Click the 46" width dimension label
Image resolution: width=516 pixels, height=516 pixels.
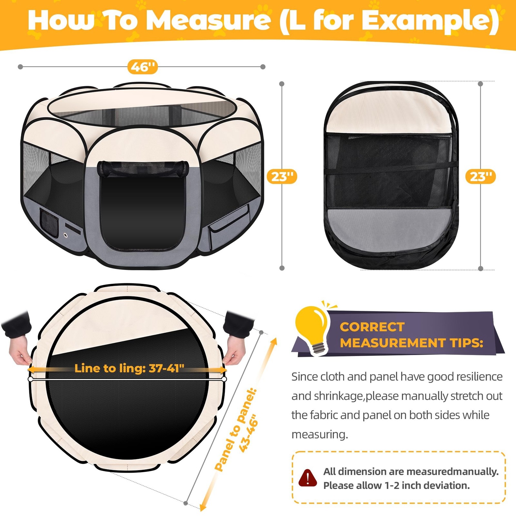[142, 67]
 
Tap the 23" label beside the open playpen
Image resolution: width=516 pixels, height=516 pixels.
[282, 176]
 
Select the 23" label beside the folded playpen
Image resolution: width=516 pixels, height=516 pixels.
[481, 176]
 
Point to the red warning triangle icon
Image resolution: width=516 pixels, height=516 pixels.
[308, 478]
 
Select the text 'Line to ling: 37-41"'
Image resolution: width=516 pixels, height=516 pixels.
[129, 368]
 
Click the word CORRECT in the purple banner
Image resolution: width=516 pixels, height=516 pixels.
[372, 327]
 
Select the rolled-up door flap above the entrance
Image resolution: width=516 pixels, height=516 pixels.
[143, 168]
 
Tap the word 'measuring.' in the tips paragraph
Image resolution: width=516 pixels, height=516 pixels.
[320, 434]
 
